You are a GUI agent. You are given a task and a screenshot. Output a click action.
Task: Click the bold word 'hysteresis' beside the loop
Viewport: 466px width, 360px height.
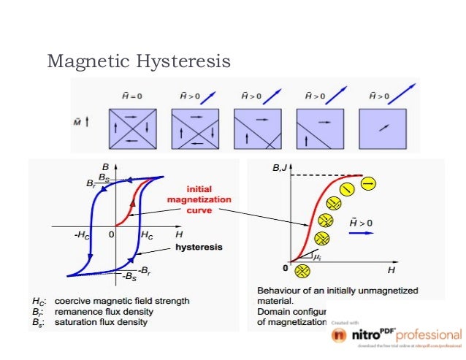click(199, 248)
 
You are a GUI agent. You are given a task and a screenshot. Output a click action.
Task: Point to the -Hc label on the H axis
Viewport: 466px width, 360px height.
click(82, 235)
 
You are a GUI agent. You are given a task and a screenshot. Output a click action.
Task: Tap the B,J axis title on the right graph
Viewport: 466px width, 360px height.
click(278, 169)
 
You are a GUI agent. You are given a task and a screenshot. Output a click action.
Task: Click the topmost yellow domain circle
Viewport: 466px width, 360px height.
click(368, 183)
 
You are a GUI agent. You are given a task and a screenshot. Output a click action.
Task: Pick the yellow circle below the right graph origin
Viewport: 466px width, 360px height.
click(299, 272)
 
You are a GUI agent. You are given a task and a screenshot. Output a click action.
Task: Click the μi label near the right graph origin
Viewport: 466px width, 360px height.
click(316, 257)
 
